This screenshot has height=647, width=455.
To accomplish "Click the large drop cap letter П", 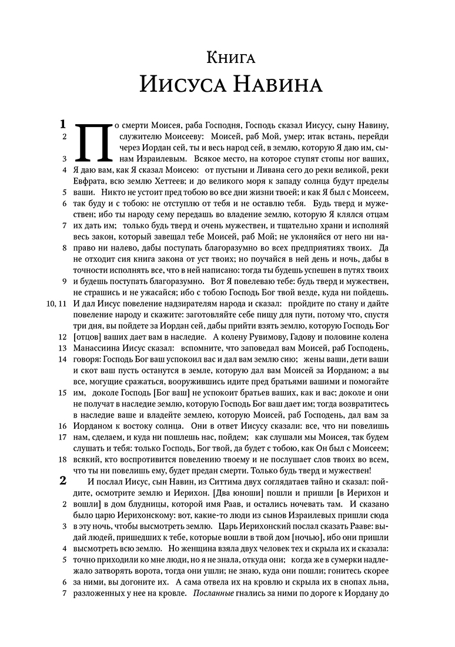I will (93, 141).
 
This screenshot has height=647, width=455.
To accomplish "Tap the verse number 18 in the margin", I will (62, 459).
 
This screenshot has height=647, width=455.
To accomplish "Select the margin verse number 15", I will (62, 392).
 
